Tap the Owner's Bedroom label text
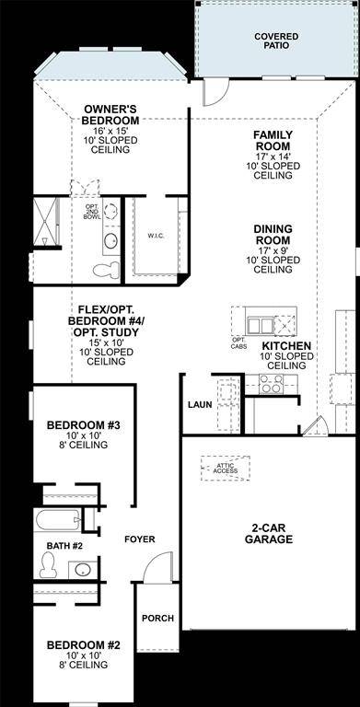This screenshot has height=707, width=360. coord(110,114)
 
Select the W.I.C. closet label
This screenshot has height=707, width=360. coord(155,236)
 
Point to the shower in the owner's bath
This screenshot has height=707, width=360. coord(47,223)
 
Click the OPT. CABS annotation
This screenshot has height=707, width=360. coord(239,344)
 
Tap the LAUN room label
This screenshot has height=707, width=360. coord(200,404)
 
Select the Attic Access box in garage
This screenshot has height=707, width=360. coord(226,468)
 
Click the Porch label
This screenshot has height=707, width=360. coord(157,618)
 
